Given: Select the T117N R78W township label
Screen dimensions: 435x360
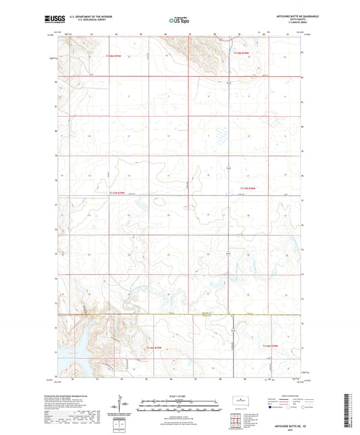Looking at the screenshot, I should [248, 188].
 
